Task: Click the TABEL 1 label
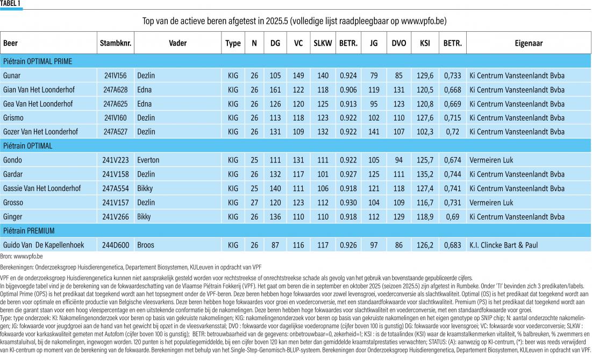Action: coord(10,3)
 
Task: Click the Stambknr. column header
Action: coord(116,43)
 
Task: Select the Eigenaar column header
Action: coord(529,43)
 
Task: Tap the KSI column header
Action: coord(425,43)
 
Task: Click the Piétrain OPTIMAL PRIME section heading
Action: coord(38,61)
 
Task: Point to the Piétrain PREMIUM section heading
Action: coord(28,231)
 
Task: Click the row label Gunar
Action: coord(12,75)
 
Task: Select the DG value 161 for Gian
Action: coord(275,90)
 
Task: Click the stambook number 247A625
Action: coord(116,104)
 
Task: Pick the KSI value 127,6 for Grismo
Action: coord(425,118)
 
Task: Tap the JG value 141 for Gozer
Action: coord(373,132)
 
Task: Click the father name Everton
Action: coord(148,160)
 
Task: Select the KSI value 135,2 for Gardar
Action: coord(425,174)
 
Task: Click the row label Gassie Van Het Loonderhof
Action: coord(42,188)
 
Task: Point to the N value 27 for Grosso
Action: coord(254,202)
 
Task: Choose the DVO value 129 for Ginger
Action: coord(398,217)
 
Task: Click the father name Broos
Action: coord(145,245)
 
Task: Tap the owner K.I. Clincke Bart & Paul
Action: coord(503,245)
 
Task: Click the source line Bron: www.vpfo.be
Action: coord(21,257)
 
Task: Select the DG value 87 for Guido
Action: coord(275,245)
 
